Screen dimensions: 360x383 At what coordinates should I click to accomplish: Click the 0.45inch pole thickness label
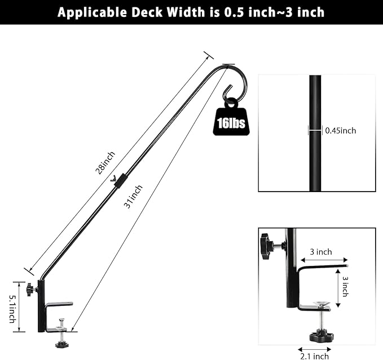coord(341,131)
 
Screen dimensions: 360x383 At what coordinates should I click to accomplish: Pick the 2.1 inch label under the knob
coord(314,356)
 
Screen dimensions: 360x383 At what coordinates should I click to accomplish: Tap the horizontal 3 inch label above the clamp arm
coord(320,252)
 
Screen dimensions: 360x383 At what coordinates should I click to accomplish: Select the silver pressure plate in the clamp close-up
coord(321,304)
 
